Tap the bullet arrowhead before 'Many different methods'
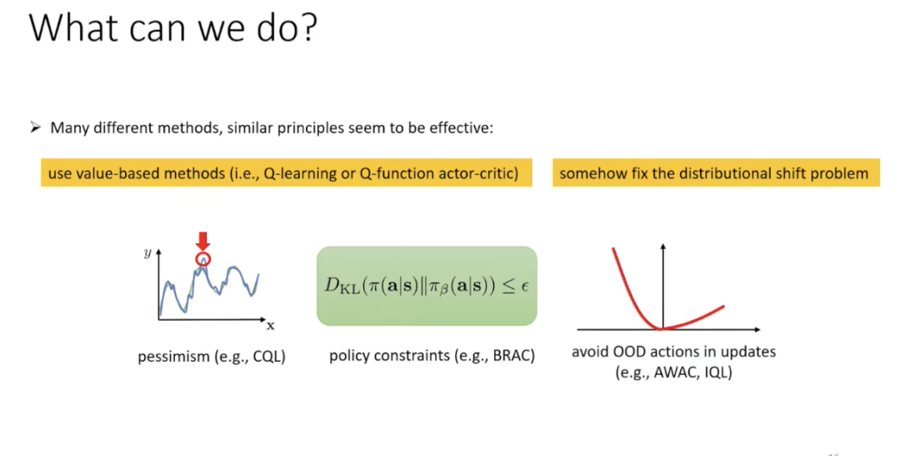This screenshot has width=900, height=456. (x=36, y=128)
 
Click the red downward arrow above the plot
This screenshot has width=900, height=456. (x=202, y=241)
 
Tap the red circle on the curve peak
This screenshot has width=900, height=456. (x=203, y=259)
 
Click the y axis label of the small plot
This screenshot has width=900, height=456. (x=148, y=253)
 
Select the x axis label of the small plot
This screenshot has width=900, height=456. (x=270, y=326)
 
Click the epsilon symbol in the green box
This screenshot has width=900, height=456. (x=525, y=286)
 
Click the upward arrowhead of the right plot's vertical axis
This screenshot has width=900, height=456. (x=663, y=247)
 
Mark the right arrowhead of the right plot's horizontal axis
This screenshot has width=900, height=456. (x=757, y=329)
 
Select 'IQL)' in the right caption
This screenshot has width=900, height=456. (x=718, y=372)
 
